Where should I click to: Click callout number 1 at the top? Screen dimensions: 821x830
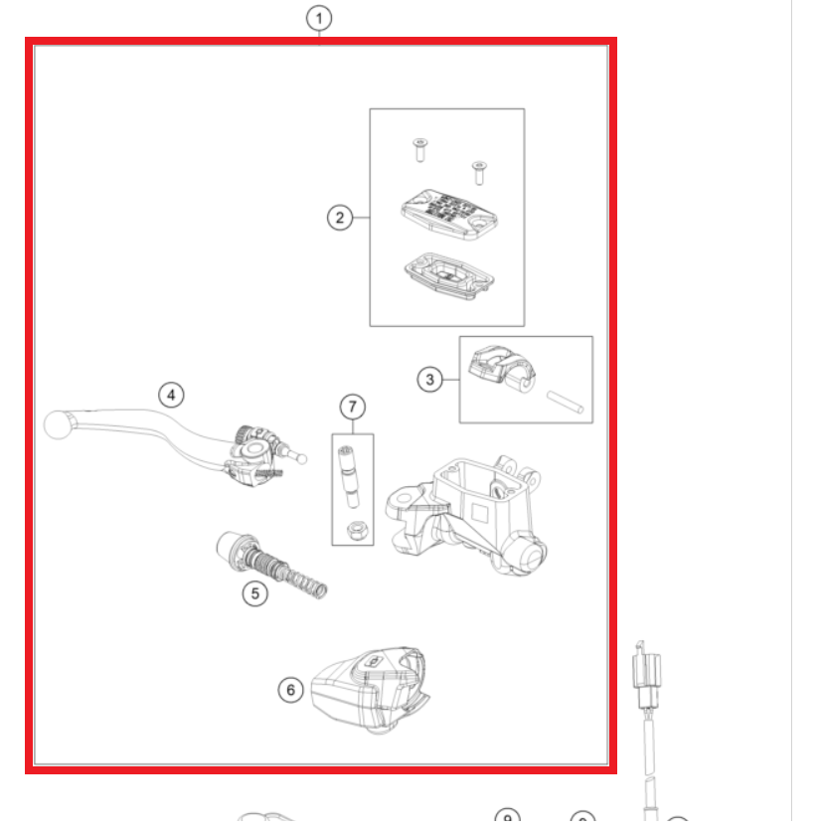coord(319,19)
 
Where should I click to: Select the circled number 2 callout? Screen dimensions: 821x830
coord(340,218)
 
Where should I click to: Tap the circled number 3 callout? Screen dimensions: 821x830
coord(429,380)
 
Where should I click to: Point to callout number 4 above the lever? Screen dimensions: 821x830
coord(171,395)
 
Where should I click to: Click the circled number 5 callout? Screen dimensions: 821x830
coord(255,593)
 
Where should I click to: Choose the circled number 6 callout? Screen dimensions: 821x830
coord(290,690)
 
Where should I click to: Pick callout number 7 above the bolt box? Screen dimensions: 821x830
coord(353,408)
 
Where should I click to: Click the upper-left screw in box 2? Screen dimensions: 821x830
coord(420,150)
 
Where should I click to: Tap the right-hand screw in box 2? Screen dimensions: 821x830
coord(479,173)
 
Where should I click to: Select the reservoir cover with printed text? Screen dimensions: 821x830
coord(449,215)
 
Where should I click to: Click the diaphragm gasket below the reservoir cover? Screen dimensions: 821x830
coord(449,275)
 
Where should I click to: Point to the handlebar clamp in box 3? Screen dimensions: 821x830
coord(502,369)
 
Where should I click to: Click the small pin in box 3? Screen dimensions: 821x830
coord(566,402)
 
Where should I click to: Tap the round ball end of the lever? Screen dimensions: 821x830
coord(58,424)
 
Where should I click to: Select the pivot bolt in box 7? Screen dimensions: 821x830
coord(348,477)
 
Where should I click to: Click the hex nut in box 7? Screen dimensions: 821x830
coord(355,530)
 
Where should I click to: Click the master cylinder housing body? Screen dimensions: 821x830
coord(467,516)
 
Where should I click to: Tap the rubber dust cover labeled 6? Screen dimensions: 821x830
coord(371,689)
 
